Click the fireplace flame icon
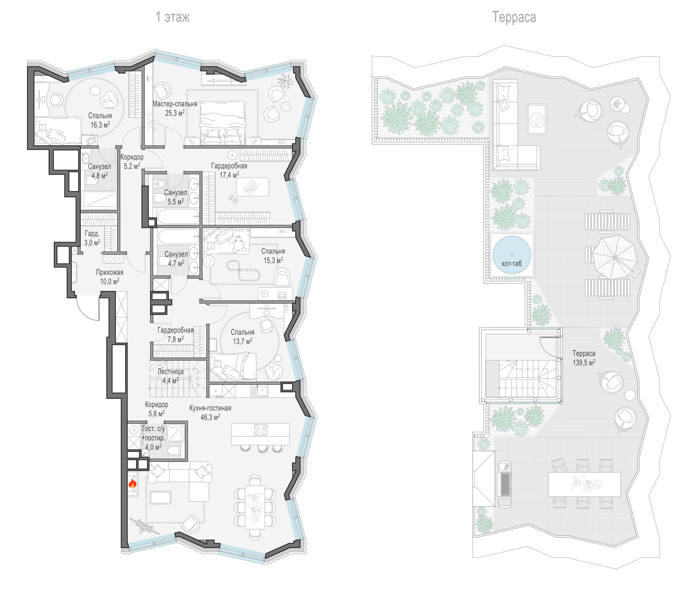pos(132,484)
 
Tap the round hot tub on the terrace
pos(511,255)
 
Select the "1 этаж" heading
pos(173,17)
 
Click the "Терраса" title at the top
pos(514,17)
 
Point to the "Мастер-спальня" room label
pos(175,104)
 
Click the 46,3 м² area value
pos(210,417)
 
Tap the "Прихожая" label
pos(109,272)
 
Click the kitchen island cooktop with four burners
pos(260,430)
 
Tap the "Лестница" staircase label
pos(170,372)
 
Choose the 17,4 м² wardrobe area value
pos(229,175)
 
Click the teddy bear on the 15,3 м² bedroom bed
pos(239,244)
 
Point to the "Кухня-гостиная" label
pos(210,408)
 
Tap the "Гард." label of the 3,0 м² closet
pos(92,234)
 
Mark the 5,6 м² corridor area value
pos(157,413)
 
